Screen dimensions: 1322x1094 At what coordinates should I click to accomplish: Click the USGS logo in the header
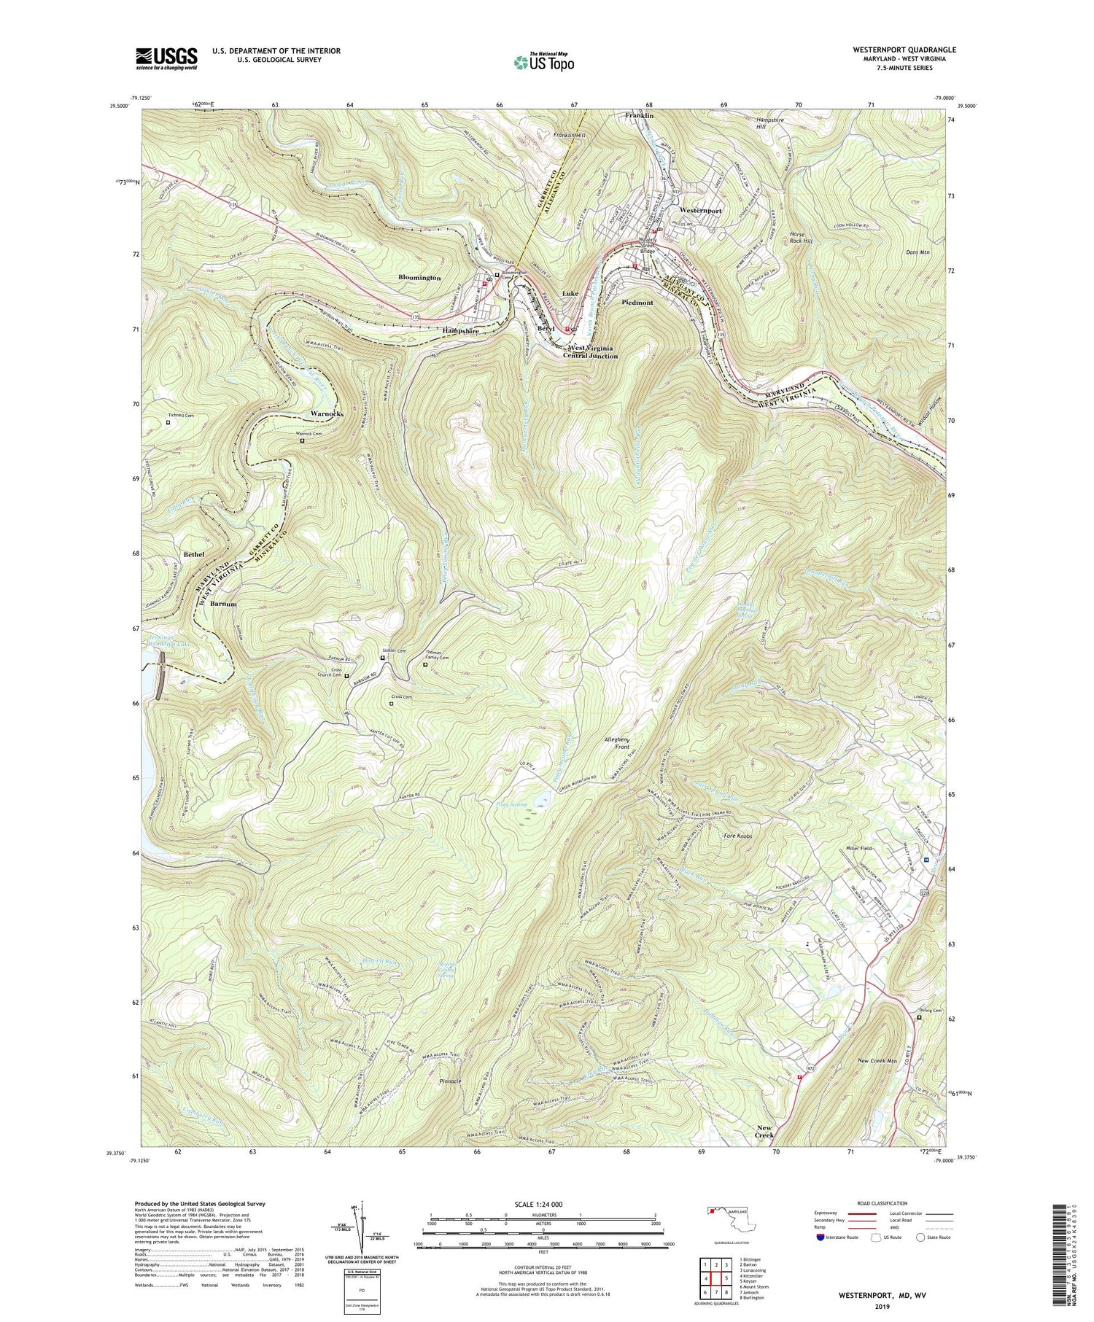click(x=166, y=58)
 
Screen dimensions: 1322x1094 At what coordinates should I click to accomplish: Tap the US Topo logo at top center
click(x=544, y=62)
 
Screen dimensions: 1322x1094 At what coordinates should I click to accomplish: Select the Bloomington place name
click(x=419, y=278)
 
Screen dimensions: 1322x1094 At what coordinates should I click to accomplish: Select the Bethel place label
click(x=194, y=555)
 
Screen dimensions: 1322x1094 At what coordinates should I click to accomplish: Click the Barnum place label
click(x=224, y=604)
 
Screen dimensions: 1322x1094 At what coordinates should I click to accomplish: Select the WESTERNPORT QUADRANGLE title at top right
click(x=896, y=50)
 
